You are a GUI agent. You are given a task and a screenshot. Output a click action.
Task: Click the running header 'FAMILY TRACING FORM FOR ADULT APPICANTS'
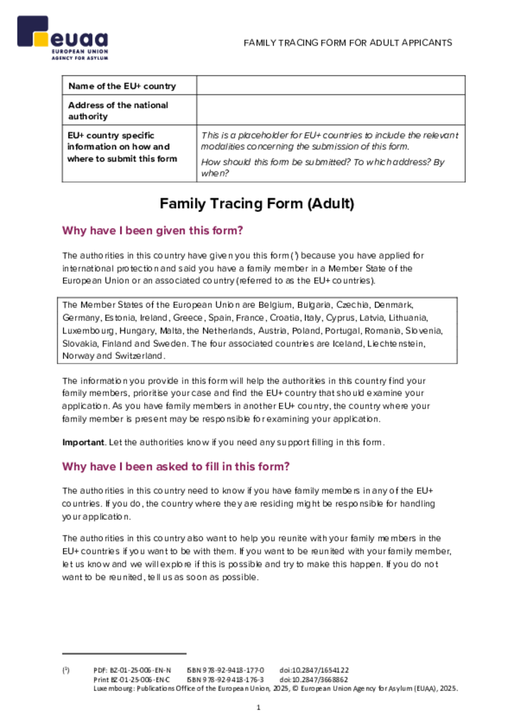[348, 43]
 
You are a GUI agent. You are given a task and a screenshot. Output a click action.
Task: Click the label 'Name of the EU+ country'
[122, 86]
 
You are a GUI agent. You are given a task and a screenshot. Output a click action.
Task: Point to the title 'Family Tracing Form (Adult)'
[256, 204]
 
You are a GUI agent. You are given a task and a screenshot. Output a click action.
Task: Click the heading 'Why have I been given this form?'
[153, 230]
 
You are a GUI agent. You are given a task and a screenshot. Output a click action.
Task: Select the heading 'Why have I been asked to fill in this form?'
[175, 467]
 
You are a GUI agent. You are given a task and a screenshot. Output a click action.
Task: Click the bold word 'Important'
[83, 442]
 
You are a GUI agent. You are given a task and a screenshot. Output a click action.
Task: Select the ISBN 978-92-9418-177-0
[225, 670]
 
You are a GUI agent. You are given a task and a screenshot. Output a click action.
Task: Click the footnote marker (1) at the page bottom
[65, 670]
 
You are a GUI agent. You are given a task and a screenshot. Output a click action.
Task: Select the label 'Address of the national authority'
[118, 110]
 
